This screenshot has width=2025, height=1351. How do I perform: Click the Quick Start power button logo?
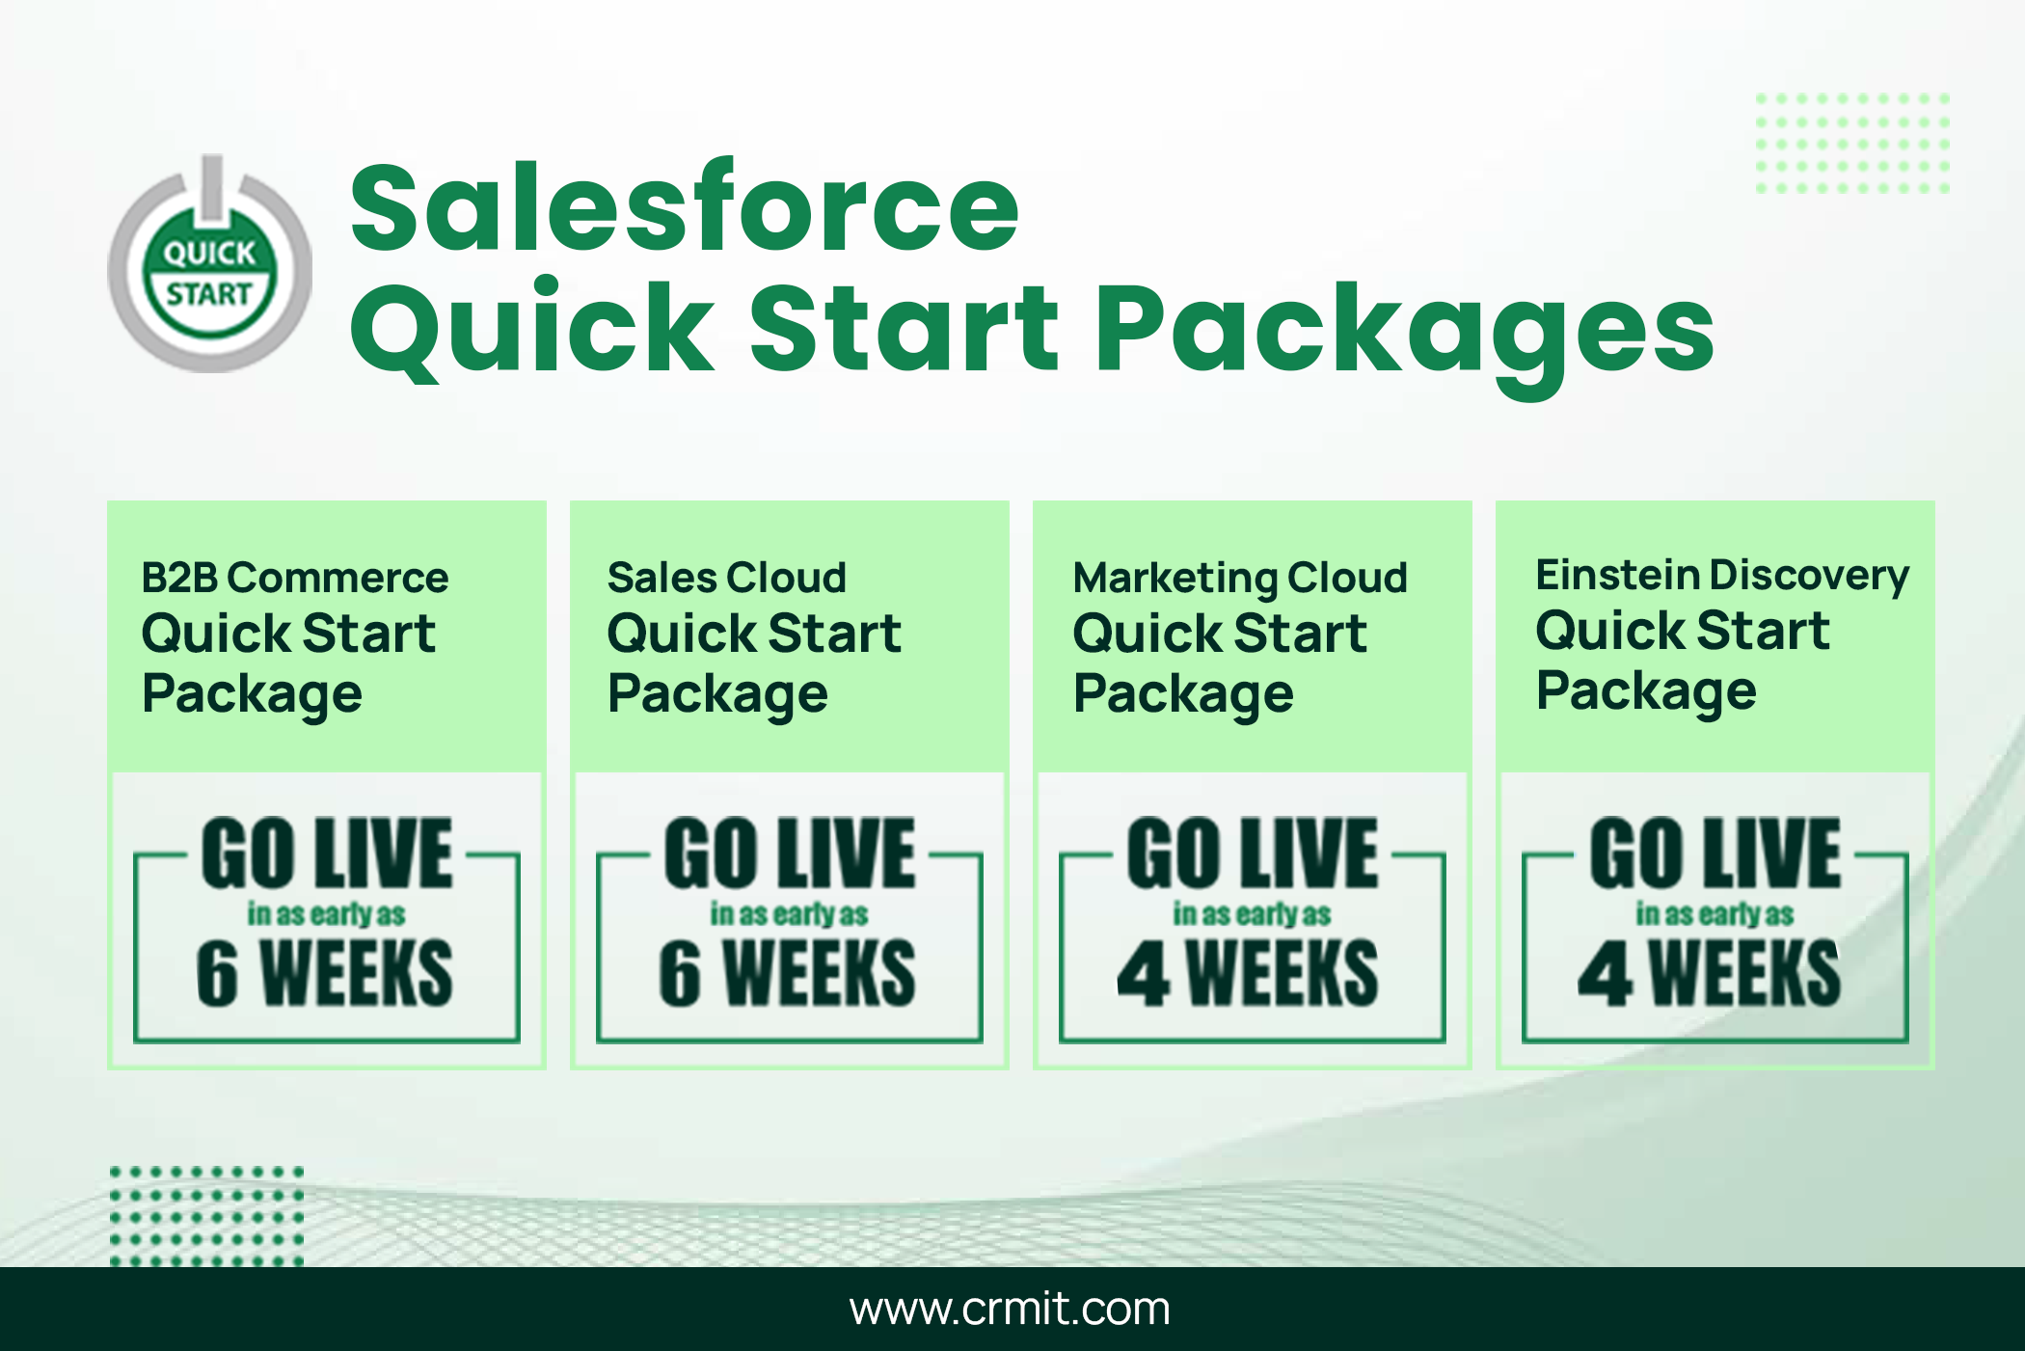pyautogui.click(x=209, y=265)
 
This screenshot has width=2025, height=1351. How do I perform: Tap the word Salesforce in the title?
pyautogui.click(x=685, y=206)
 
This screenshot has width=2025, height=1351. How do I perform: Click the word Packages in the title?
pyautogui.click(x=1405, y=333)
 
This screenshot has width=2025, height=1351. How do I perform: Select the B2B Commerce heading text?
pyautogui.click(x=295, y=578)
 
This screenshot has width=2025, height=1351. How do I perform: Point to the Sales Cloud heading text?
pyautogui.click(x=727, y=578)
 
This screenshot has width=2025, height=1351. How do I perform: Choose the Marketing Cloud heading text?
pyautogui.click(x=1241, y=579)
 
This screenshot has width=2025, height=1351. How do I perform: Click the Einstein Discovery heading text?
pyautogui.click(x=1722, y=576)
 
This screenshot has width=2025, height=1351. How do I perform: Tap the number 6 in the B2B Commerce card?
pyautogui.click(x=217, y=974)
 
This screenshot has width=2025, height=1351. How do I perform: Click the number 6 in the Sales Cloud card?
pyautogui.click(x=680, y=974)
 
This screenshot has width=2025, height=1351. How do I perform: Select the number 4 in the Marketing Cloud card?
pyautogui.click(x=1144, y=974)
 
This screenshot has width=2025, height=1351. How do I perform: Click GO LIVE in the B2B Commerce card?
pyautogui.click(x=327, y=853)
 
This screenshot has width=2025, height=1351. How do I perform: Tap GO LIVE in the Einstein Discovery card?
pyautogui.click(x=1715, y=853)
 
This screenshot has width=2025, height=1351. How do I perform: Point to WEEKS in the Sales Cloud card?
pyautogui.click(x=820, y=974)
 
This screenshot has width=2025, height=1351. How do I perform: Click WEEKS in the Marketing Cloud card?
pyautogui.click(x=1282, y=974)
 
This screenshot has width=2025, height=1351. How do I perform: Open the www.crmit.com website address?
pyautogui.click(x=1010, y=1309)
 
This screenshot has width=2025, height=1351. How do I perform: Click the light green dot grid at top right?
pyautogui.click(x=1852, y=143)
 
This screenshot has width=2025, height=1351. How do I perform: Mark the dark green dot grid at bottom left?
pyautogui.click(x=206, y=1216)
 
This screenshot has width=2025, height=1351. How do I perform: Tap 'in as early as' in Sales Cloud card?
pyautogui.click(x=789, y=914)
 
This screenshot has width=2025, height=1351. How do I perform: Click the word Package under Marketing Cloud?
pyautogui.click(x=1183, y=695)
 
